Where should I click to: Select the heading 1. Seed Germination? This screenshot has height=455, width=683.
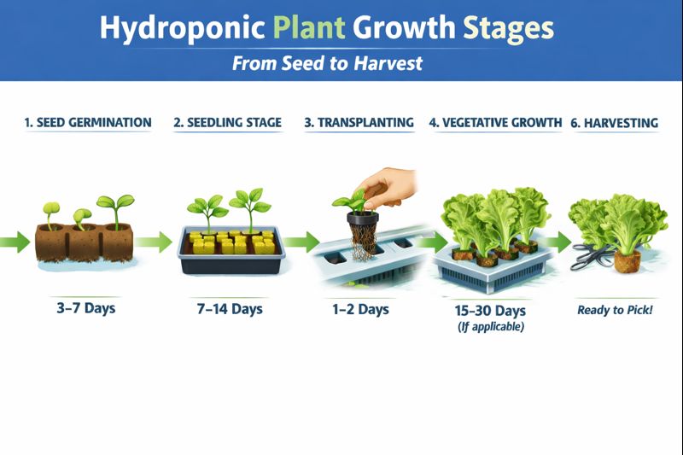pos(88,123)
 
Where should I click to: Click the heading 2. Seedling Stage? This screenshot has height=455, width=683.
pos(227,123)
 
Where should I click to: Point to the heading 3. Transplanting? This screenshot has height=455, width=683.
pos(359,123)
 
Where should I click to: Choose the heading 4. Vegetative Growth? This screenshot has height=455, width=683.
pos(495,123)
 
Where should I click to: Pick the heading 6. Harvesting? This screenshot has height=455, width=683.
pos(614,123)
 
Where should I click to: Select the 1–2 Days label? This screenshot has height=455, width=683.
pos(361,308)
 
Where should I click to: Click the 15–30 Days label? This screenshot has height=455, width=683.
pos(489,310)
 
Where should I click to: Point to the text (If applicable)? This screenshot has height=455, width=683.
pos(489,327)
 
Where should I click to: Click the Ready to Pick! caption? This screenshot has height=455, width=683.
pos(615,310)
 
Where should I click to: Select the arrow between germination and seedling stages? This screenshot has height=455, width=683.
pos(154,242)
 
